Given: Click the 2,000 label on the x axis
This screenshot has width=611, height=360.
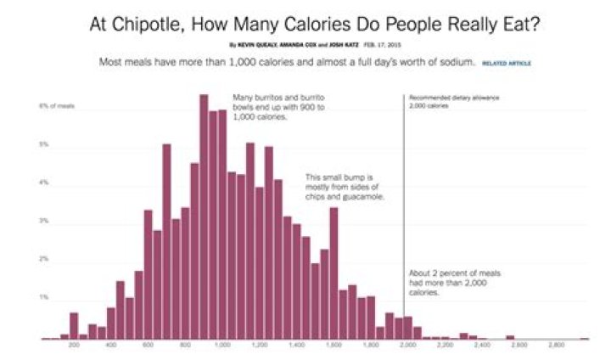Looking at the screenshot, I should point(408,346).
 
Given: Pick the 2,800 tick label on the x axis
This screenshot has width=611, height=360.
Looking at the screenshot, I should point(557,346).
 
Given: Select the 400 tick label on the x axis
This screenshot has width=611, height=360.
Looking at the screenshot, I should point(111,346).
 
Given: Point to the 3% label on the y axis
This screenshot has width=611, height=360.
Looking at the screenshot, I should point(43,222).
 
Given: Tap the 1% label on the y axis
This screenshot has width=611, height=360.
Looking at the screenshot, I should point(43,298).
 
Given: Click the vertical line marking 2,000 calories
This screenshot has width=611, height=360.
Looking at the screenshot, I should point(403,212).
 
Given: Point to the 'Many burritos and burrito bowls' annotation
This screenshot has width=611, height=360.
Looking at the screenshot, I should point(269,108).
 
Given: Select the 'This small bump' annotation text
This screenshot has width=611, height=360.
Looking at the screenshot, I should point(345,188).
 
